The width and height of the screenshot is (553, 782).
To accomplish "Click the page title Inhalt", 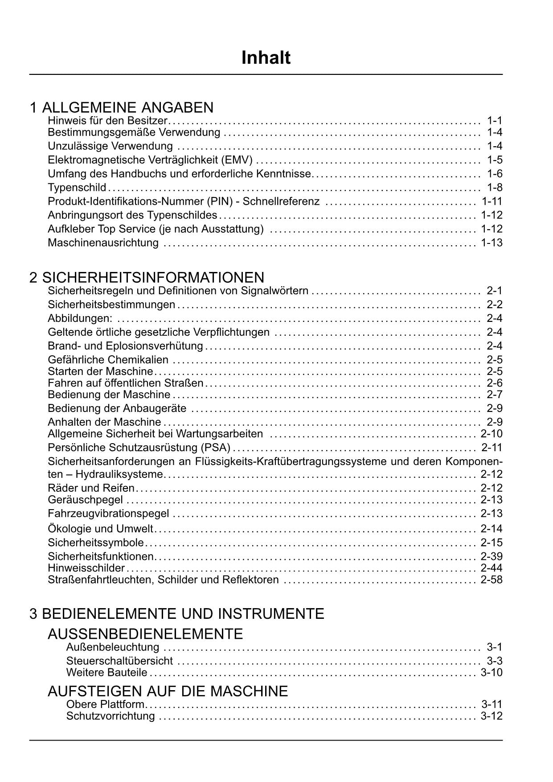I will point(266,58).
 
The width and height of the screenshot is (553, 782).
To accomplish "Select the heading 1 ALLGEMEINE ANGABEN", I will point(121,107).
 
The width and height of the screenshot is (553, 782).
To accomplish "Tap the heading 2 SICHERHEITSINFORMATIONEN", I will point(147,277).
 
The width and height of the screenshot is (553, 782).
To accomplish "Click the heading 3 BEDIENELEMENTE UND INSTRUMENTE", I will point(176,613).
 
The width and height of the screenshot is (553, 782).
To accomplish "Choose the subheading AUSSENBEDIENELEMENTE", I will point(145,634).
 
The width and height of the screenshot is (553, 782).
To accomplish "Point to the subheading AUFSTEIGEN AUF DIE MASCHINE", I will point(168,691).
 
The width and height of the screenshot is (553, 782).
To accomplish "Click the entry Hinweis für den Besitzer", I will point(107,120).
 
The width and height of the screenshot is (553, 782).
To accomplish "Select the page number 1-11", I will point(492,201).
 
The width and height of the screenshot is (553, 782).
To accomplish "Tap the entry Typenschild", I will point(77,187).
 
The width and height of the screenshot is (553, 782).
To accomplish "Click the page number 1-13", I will point(492,243).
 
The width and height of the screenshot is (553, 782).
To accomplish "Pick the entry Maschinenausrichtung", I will point(103,243).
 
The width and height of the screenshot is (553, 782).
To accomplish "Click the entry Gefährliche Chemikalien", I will point(108,360).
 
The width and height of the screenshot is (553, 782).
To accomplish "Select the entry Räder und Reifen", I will point(91,488).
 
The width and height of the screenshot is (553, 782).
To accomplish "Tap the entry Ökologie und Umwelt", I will point(100,529).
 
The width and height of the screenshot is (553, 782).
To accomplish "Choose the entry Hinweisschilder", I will point(86,568).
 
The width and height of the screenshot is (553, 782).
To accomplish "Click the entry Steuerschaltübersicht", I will point(119,661).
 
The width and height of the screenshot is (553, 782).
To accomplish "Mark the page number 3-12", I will point(492,716).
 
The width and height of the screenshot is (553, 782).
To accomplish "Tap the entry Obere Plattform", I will point(106,704).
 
